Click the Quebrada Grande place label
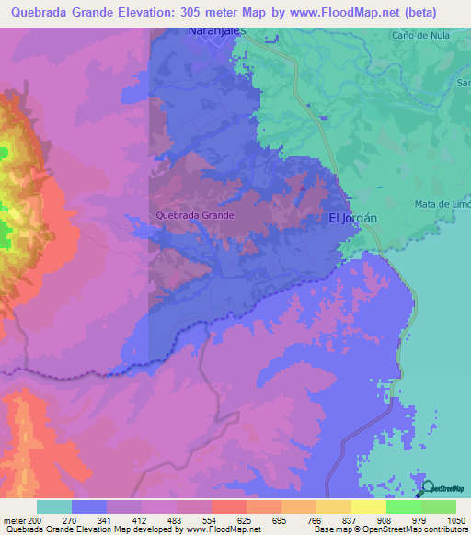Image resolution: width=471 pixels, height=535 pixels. tap(195, 215)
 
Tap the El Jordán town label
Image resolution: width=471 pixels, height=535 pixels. tap(354, 219)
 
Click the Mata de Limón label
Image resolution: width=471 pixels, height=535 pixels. tap(442, 204)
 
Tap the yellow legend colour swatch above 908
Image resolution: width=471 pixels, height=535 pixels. tap(368, 507)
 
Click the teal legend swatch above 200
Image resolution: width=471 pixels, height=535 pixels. tap(53, 507)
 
